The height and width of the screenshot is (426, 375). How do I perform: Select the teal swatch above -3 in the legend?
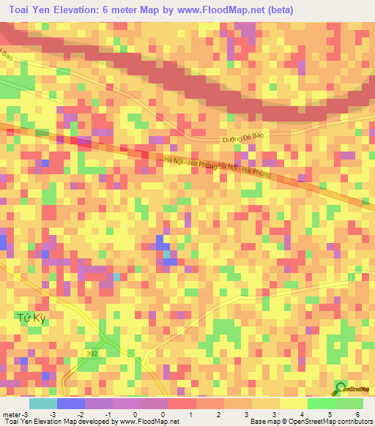tap(42, 403)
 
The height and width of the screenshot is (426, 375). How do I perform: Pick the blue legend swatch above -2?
tap(70, 403)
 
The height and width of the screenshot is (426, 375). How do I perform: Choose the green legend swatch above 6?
tap(349, 403)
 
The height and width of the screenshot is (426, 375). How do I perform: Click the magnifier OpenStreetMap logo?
tap(341, 387)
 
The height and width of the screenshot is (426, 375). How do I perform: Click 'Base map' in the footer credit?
tap(264, 422)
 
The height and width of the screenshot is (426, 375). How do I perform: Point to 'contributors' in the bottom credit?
tap(352, 422)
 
